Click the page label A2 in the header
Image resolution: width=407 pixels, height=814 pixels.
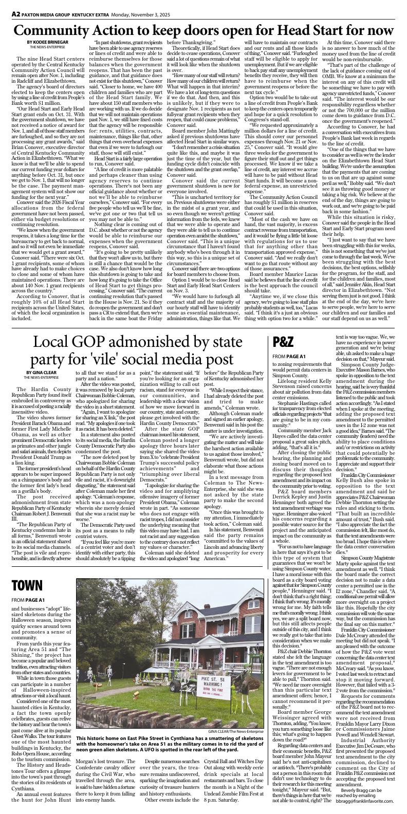coord(7,4)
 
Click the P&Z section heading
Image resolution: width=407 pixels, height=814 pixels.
coord(283,341)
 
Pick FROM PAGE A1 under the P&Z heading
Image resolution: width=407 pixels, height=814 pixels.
coord(289,356)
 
